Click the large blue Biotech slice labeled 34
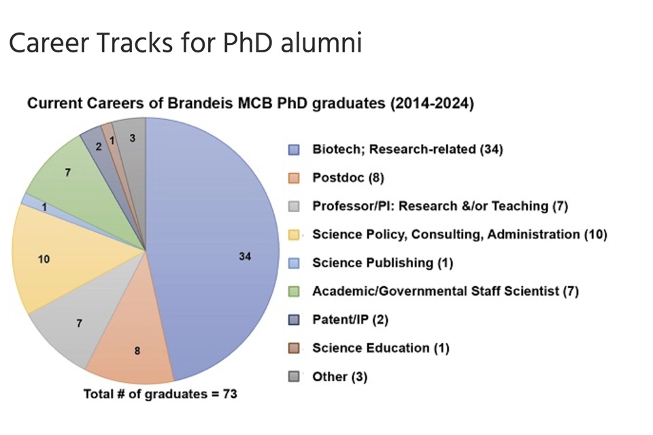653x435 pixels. [x=218, y=251]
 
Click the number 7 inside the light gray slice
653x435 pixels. [x=79, y=324]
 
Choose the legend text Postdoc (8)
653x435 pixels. [x=348, y=177]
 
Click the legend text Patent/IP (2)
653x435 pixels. [x=350, y=319]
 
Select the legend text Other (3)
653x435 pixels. [x=339, y=377]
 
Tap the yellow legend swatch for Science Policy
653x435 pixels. [x=294, y=234]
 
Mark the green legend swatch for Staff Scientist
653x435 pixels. [x=294, y=292]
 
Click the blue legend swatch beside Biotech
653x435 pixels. [x=294, y=150]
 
